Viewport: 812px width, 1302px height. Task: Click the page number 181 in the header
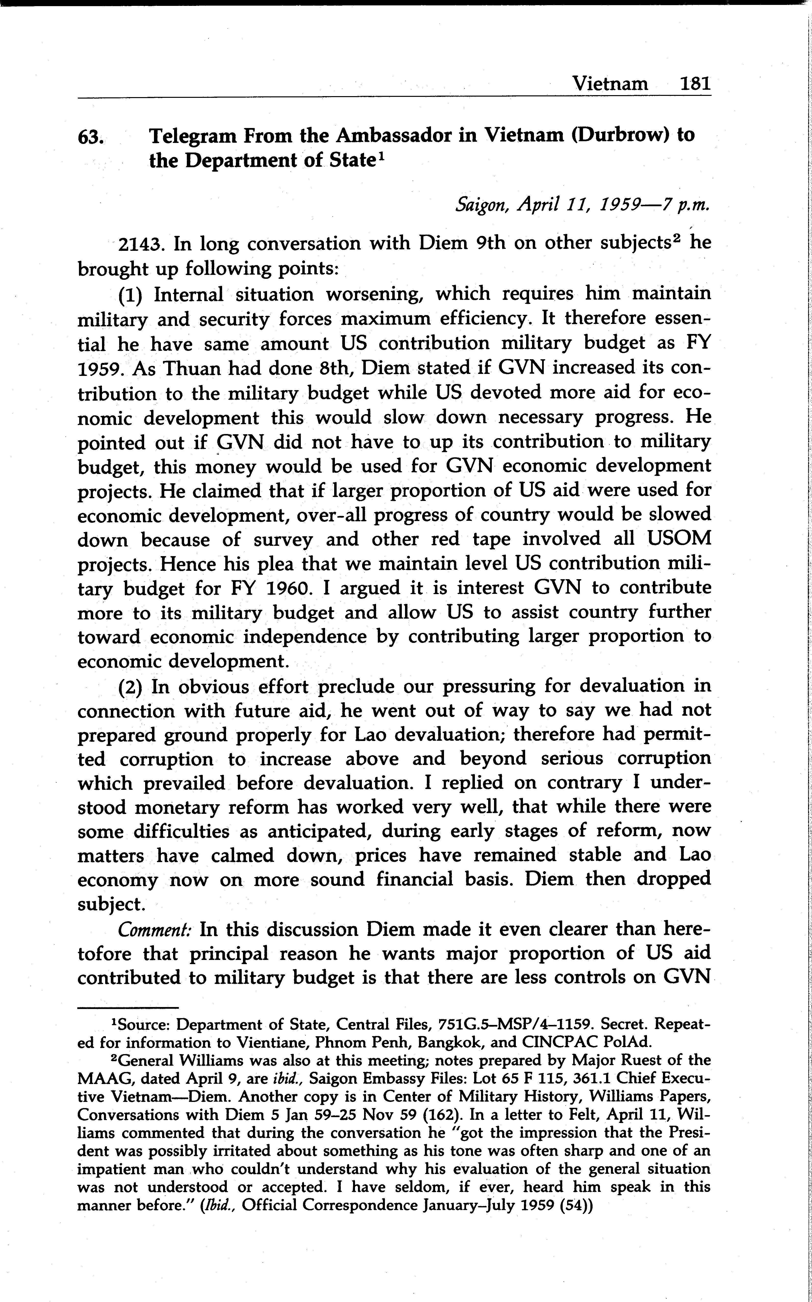point(695,84)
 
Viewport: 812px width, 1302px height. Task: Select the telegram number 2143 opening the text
point(140,245)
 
